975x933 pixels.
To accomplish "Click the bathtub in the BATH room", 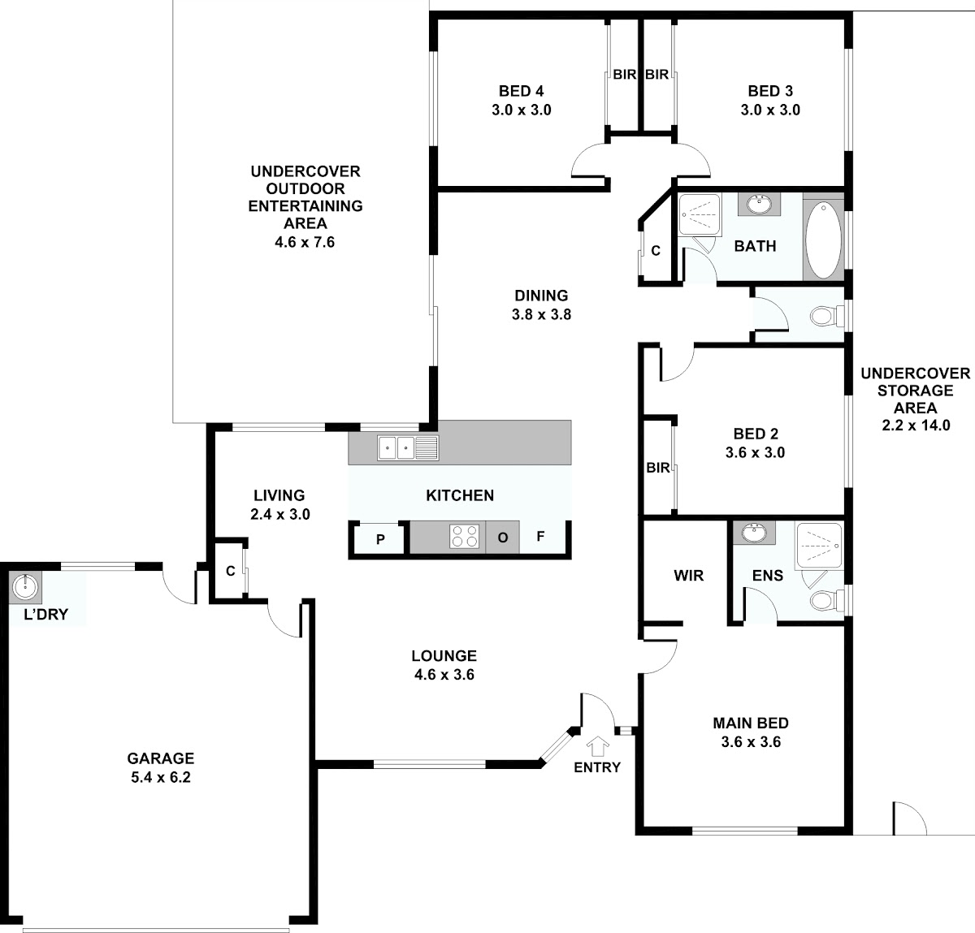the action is point(823,240).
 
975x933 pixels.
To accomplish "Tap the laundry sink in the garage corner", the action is point(25,586).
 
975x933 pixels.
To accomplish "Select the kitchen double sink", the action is point(409,447).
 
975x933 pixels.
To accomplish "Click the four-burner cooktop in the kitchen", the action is point(464,536).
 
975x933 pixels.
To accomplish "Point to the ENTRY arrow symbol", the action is point(597,746).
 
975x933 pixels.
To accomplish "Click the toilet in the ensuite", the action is point(826,600).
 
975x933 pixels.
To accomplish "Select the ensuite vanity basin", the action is point(754,533).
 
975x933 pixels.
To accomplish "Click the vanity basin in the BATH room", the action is point(759,205).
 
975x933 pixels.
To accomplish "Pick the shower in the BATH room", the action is point(700,214).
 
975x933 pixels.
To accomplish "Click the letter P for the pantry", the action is point(380,539).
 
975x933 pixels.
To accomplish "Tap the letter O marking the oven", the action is point(502,538).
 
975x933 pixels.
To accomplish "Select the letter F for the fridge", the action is point(540,537).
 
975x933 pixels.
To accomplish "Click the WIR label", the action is point(688,576).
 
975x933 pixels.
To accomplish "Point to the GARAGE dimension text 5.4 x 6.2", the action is point(161,778).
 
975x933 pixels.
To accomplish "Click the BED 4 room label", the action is point(521,91).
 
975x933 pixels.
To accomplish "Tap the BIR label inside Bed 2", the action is point(658,468).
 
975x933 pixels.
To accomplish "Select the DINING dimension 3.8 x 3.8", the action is point(542,314).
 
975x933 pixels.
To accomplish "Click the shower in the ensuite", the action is point(819,546).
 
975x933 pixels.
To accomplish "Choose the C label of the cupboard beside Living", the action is point(231,571).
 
